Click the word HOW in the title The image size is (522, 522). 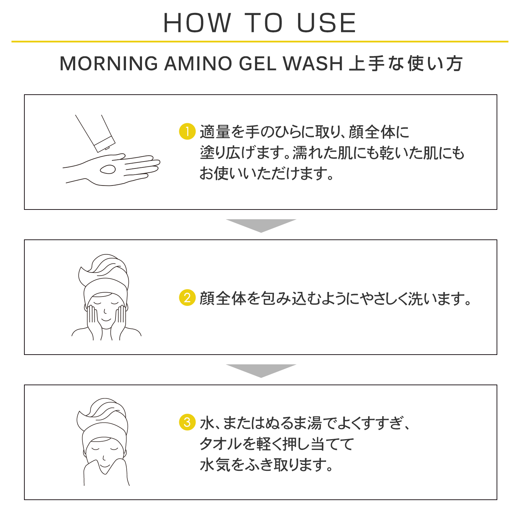pos(197,23)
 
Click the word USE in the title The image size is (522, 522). pos(326,23)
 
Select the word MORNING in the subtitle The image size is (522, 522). pos(109,64)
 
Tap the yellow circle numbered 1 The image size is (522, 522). pos(187,132)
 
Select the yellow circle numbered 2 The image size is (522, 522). pos(187,298)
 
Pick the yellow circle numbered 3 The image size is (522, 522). pos(187,422)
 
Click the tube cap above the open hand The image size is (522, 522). pos(104,144)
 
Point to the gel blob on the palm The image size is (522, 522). pos(108,169)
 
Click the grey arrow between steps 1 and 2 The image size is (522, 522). pos(261,226)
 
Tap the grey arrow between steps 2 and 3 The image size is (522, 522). pos(261,371)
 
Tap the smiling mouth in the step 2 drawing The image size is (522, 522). pos(106,319)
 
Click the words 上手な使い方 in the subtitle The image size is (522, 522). pos(406,64)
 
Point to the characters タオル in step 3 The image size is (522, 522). pos(220,444)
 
